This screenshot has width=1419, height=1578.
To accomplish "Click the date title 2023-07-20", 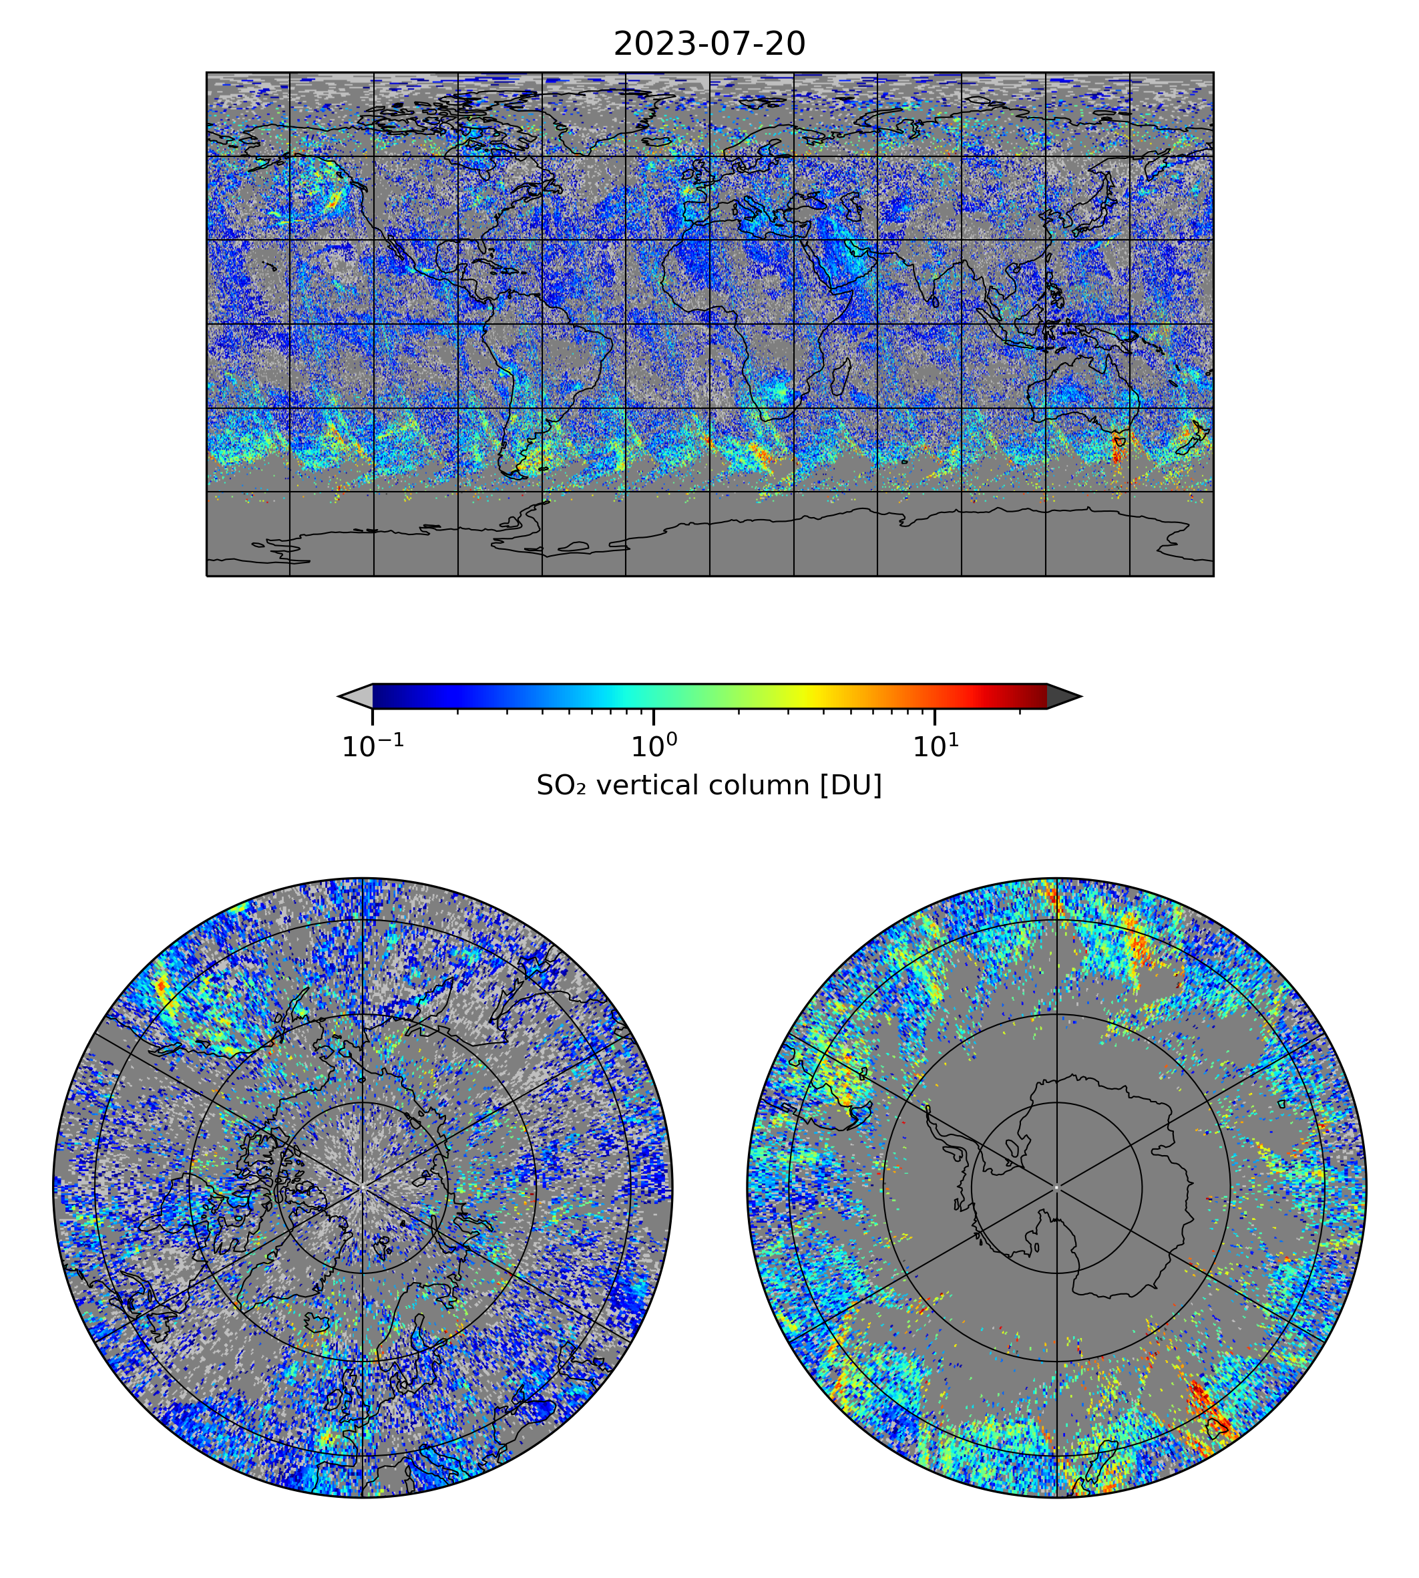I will coord(708,45).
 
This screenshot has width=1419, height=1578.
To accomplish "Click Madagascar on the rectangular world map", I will coord(841,378).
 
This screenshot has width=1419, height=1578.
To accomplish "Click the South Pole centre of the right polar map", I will coord(1056,1187).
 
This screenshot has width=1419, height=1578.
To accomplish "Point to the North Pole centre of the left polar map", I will coord(363,1187).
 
